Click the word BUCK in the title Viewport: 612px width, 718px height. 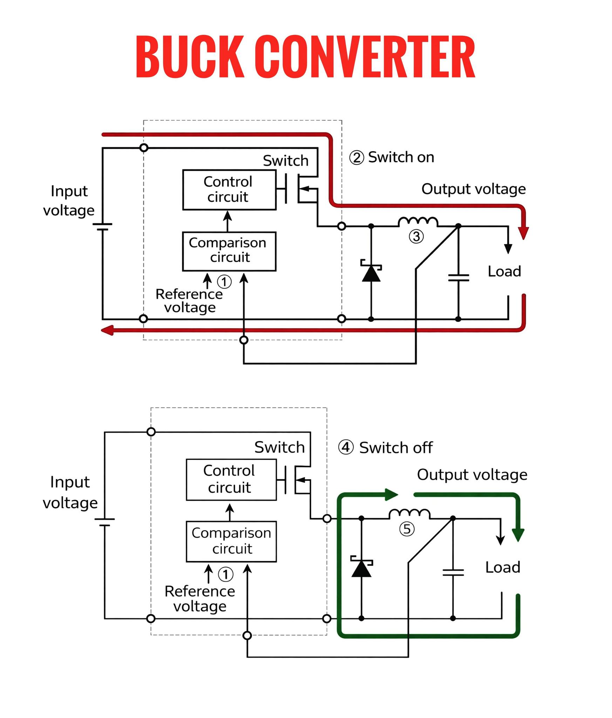click(x=190, y=56)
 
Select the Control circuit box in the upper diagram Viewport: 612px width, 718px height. click(x=229, y=190)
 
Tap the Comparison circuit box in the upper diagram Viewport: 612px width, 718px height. click(x=229, y=251)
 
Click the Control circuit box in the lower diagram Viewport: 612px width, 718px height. click(x=231, y=480)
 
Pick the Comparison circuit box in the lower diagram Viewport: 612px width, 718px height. click(x=231, y=542)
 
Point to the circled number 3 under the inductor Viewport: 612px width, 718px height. click(x=416, y=237)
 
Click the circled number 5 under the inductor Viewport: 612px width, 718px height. click(x=407, y=529)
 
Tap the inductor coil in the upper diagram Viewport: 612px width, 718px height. click(x=418, y=222)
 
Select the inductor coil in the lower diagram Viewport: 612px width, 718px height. click(x=409, y=514)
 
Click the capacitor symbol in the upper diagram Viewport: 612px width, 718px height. click(x=458, y=278)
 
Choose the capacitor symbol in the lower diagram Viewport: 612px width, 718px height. click(x=453, y=573)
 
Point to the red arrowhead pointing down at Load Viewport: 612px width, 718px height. click(x=523, y=233)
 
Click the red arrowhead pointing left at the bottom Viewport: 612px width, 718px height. click(x=108, y=330)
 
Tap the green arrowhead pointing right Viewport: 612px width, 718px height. click(x=392, y=494)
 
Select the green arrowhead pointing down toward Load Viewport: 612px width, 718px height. click(x=518, y=535)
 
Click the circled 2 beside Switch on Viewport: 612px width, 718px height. click(x=356, y=157)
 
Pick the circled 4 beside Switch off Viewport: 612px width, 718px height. click(x=346, y=447)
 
